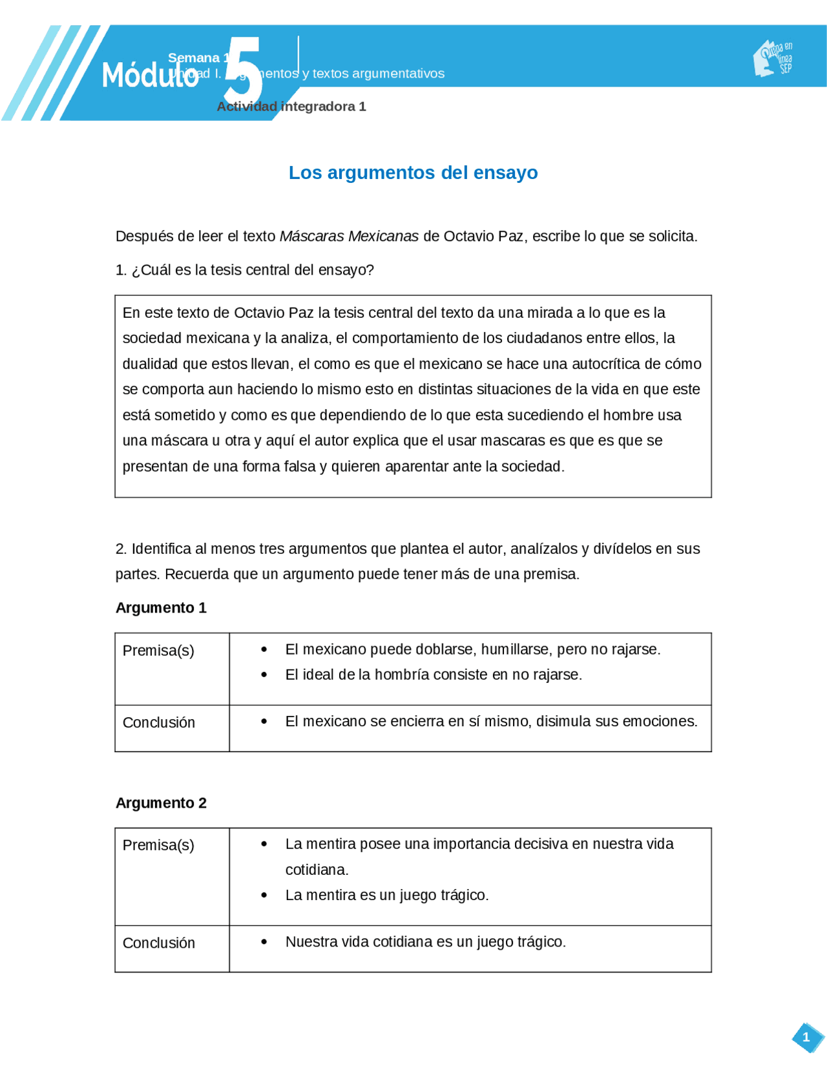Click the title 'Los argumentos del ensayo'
pos(413,173)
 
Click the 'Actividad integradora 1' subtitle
pos(291,107)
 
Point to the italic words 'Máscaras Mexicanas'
pos(349,236)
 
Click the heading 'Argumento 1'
pos(161,608)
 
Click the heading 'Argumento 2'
pos(161,803)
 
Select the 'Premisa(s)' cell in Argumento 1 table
pos(158,651)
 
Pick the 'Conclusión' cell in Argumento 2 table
pos(159,943)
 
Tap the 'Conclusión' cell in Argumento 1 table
pos(159,722)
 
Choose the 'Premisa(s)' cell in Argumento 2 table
pos(158,845)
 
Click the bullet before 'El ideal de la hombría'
pos(264,675)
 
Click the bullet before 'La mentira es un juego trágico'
pos(264,896)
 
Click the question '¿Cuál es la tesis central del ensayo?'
pos(252,270)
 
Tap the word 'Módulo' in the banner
pos(149,76)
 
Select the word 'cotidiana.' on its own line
pos(317,870)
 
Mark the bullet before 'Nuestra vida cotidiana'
pos(264,942)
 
